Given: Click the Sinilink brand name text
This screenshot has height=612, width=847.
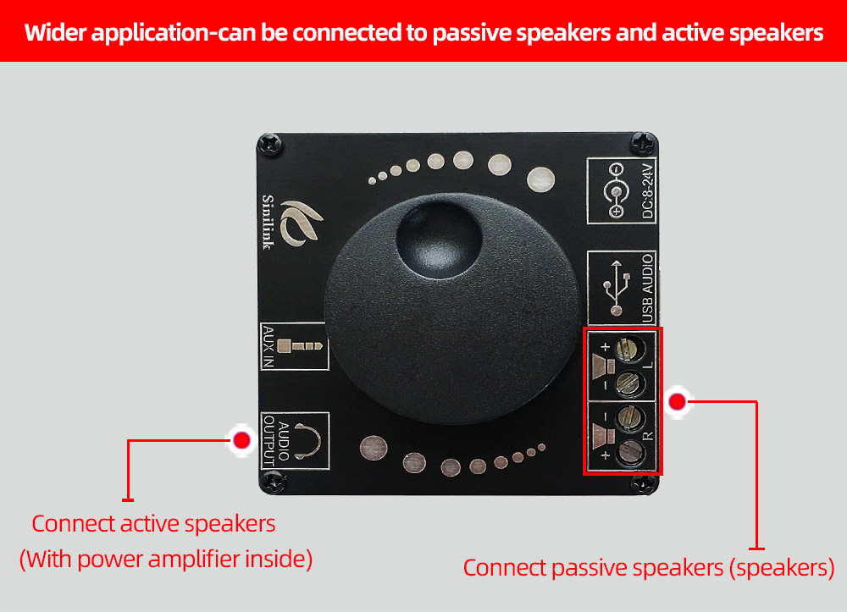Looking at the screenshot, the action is click(x=268, y=222).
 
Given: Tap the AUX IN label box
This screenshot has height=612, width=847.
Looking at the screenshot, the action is click(x=295, y=346).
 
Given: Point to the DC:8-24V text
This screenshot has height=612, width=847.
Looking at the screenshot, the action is click(x=648, y=190).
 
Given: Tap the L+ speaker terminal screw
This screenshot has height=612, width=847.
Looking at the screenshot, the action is click(x=628, y=348).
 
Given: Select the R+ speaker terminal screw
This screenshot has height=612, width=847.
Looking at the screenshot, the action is click(x=629, y=451).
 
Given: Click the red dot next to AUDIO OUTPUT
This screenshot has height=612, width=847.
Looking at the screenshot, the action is click(x=241, y=440).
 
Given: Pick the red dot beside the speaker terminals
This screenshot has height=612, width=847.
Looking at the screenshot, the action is click(x=677, y=401).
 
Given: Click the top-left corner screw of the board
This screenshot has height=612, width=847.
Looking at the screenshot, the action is click(x=269, y=145).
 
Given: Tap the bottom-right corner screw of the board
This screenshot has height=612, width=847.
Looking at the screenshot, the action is click(x=644, y=483).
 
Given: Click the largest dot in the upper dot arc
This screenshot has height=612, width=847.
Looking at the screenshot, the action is click(x=540, y=179).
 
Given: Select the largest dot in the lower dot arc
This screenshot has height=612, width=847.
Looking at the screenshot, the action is click(x=374, y=449).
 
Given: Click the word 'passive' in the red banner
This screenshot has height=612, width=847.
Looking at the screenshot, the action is click(x=471, y=34).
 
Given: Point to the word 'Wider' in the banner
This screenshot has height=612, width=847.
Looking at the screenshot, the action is click(x=55, y=32).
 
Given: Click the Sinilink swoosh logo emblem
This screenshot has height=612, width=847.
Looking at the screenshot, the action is click(x=302, y=223).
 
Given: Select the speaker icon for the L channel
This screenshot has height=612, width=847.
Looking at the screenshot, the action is click(x=603, y=367).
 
